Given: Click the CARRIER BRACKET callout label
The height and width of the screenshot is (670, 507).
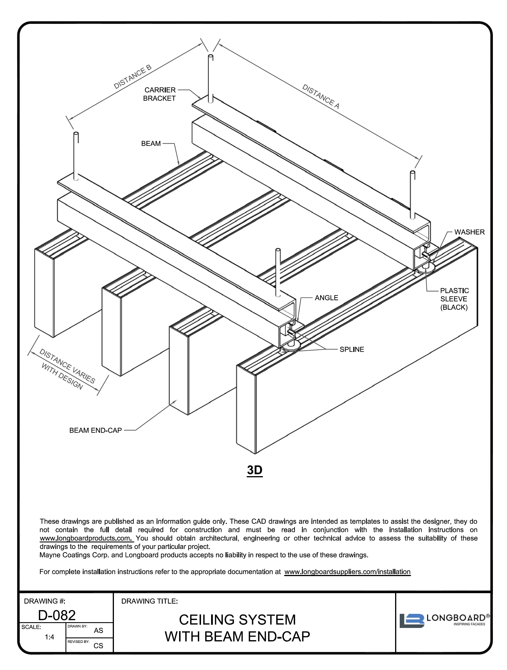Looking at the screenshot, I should point(159,94).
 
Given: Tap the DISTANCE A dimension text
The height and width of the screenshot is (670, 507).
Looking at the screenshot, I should point(320,96).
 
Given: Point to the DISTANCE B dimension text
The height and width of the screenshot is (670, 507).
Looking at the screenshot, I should point(132,77).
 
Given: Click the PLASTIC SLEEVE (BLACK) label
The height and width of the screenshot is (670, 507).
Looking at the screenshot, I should point(454,299).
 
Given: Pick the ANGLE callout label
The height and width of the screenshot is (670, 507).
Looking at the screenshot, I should point(326,298).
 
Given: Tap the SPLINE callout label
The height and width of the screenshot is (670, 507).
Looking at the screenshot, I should point(352,349).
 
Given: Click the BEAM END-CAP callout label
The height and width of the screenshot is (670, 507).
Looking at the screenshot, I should point(95,430).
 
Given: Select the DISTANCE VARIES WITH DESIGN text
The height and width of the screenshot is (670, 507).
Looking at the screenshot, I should point(65,369).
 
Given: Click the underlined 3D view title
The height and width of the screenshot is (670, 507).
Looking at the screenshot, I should point(254,470).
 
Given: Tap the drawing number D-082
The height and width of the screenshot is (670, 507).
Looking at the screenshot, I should point(57,615).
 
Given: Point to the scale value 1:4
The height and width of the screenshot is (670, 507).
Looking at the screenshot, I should point(49,637).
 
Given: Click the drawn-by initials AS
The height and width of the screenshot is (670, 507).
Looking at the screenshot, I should point(98,631).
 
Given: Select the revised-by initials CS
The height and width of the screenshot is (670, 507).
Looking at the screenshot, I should point(98,646).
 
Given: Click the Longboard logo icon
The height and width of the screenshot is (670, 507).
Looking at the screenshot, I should point(412,621).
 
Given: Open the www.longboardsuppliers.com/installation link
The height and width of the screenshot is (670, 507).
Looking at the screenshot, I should point(347,571).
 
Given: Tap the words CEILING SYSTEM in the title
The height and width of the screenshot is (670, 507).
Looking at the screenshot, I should point(237,620).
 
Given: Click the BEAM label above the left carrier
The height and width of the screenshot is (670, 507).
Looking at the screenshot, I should point(151,143).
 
